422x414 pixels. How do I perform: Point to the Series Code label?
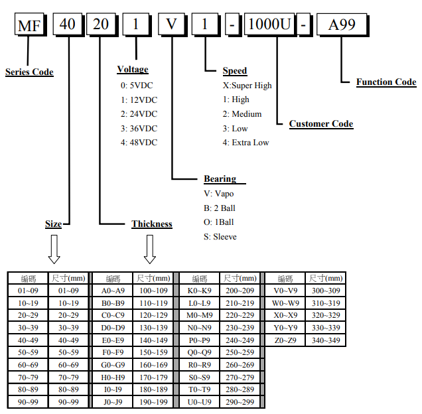pyautogui.click(x=29, y=72)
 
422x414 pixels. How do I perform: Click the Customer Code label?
pyautogui.click(x=321, y=124)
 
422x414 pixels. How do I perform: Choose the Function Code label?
pyautogui.click(x=386, y=82)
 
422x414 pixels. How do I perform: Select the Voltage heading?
pyautogui.click(x=133, y=70)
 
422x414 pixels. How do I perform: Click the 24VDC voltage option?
pyautogui.click(x=139, y=114)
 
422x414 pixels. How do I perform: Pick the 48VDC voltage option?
pyautogui.click(x=139, y=142)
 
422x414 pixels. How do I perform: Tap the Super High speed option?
pyautogui.click(x=247, y=86)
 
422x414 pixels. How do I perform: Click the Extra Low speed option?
pyautogui.click(x=246, y=142)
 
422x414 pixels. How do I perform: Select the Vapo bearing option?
pyautogui.click(x=219, y=194)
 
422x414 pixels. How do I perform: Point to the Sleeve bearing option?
pyautogui.click(x=220, y=236)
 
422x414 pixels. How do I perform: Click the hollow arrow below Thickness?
pyautogui.click(x=150, y=249)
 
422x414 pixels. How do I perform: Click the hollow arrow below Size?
pyautogui.click(x=54, y=249)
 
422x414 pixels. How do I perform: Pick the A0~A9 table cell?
pyautogui.click(x=113, y=291)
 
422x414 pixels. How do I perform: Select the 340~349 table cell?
pyautogui.click(x=326, y=340)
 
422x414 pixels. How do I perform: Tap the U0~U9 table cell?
pyautogui.click(x=199, y=402)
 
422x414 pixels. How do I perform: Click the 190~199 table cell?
pyautogui.click(x=153, y=402)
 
